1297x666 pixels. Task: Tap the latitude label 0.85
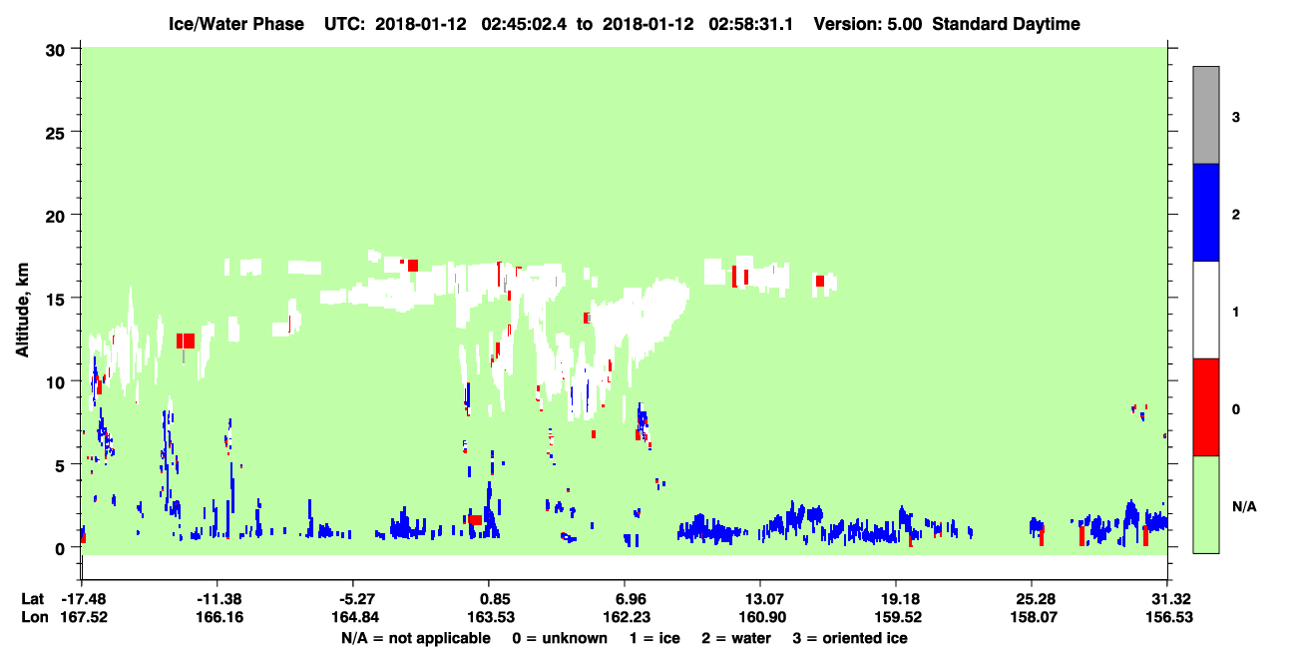coord(491,598)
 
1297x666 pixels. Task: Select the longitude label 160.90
coord(762,617)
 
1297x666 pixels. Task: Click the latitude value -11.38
coord(219,598)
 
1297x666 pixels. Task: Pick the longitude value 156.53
coord(1169,617)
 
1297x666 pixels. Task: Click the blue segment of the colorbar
coord(1206,212)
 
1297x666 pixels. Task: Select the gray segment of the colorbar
coord(1206,115)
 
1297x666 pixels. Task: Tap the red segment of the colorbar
coord(1206,407)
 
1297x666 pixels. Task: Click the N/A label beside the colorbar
coord(1244,506)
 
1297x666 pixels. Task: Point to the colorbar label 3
coord(1235,117)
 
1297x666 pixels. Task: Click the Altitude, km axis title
coord(22,310)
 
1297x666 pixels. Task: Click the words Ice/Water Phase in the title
coord(236,24)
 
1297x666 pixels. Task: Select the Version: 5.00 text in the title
coord(868,24)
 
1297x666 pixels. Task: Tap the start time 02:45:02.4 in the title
coord(524,24)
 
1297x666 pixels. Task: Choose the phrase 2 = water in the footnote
coord(736,638)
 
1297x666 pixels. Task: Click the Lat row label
coord(32,598)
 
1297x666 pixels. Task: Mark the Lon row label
coord(35,617)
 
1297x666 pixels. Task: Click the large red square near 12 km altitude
coord(186,340)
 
